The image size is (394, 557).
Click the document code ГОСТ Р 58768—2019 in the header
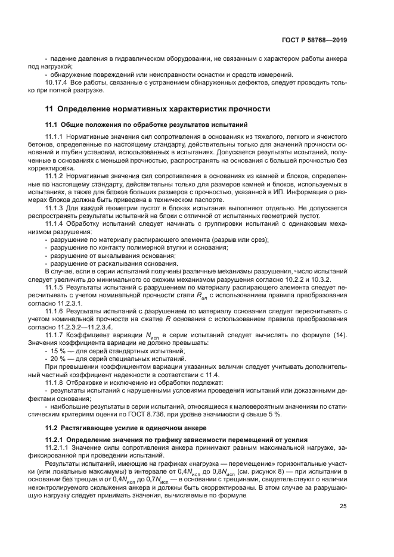(x=317, y=41)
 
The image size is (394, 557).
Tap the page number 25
(x=343, y=523)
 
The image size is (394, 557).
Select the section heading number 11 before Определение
(x=49, y=109)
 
